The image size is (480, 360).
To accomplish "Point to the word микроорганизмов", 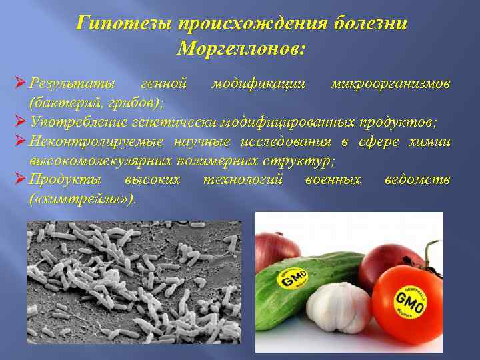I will click(x=391, y=85).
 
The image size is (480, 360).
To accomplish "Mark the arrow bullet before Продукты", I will click(x=19, y=179).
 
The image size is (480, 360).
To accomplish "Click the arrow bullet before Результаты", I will click(x=19, y=84).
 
